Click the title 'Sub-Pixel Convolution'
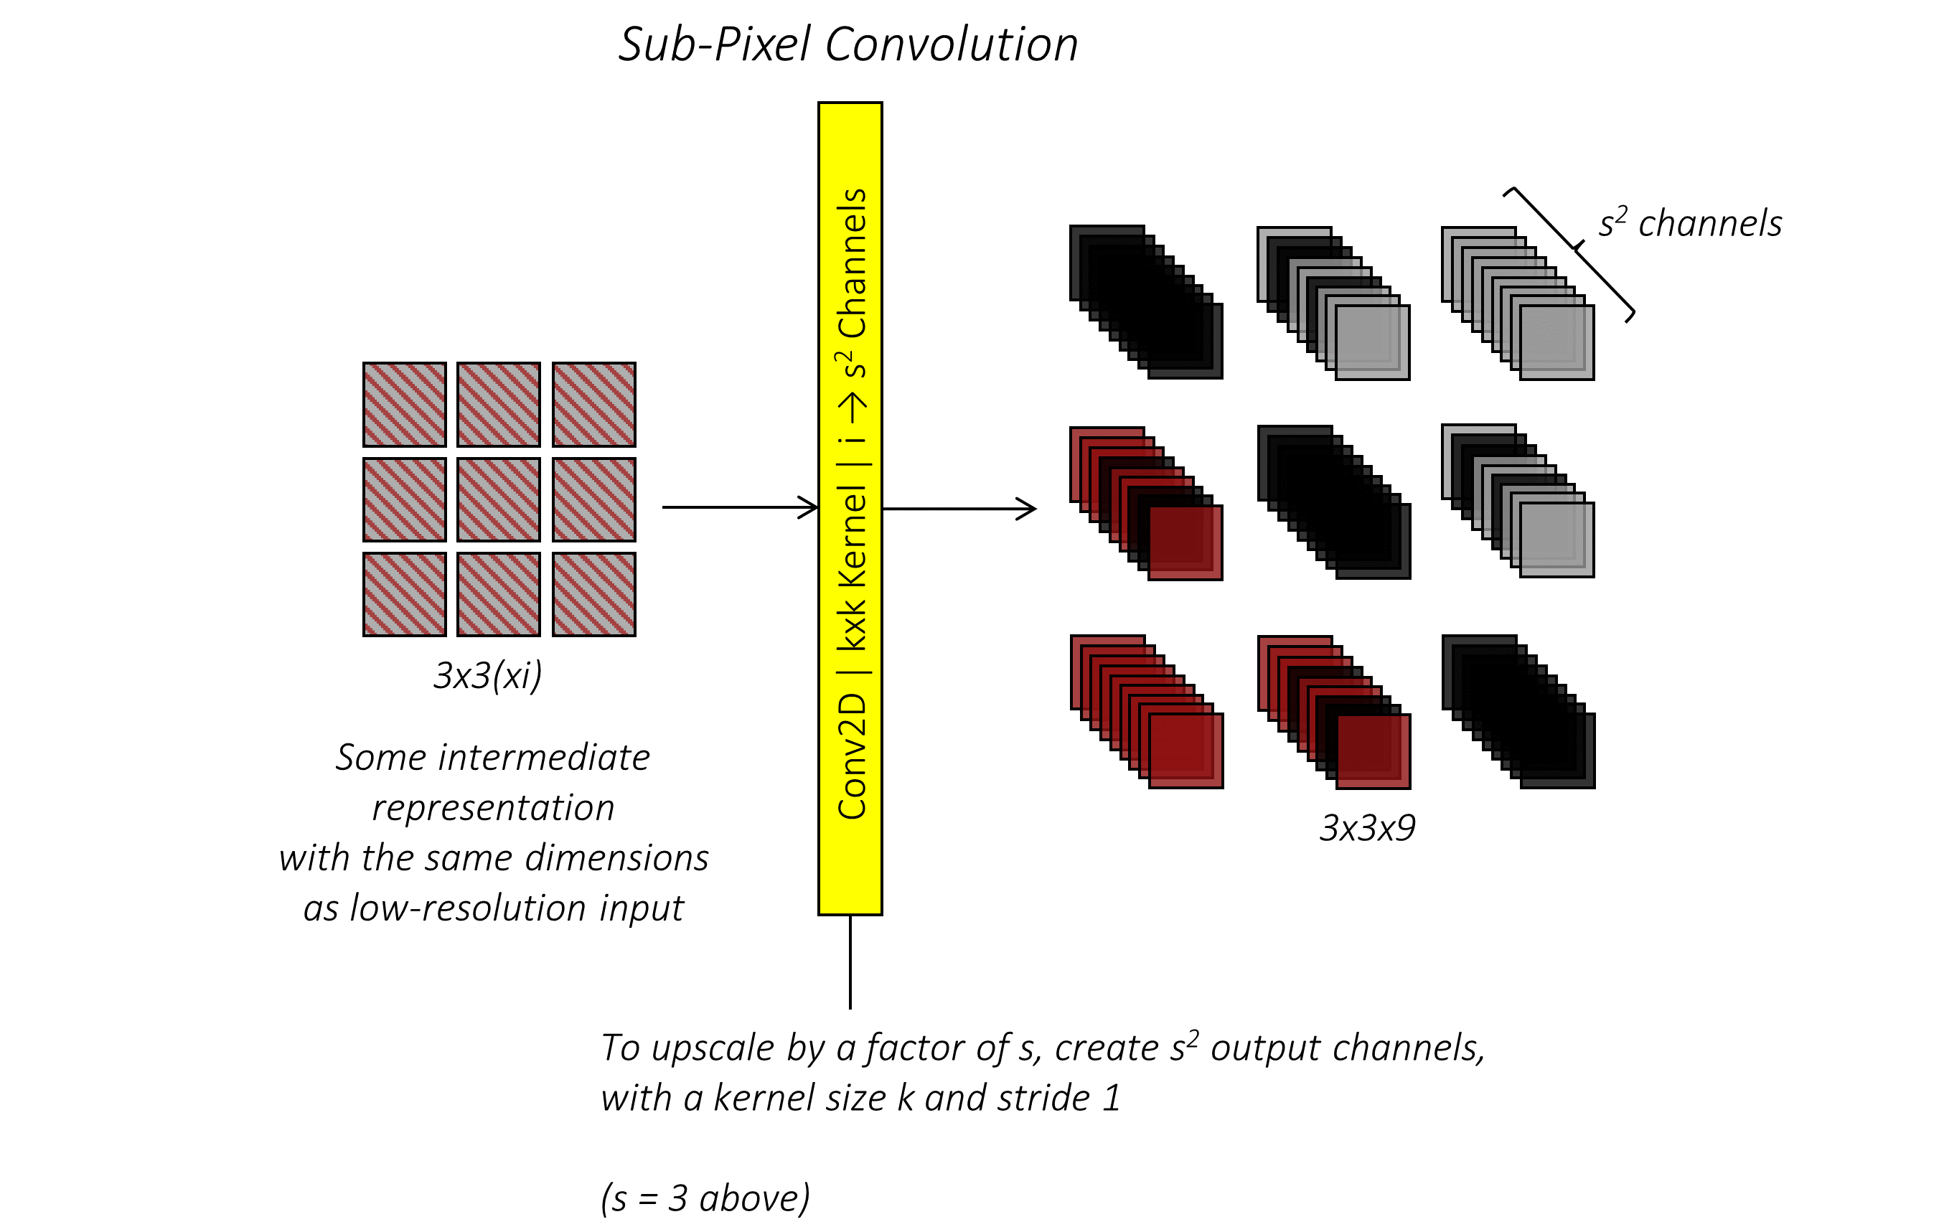847,44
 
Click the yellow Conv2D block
850,509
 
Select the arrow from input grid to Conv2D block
738,507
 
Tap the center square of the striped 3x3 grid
499,499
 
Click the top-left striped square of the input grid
405,403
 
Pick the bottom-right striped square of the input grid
594,594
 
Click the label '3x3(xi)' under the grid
488,674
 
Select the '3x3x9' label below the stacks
1367,828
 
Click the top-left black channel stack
1147,302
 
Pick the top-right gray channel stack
1518,304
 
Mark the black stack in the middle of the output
1333,502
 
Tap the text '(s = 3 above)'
705,1198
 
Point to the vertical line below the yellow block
850,962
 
